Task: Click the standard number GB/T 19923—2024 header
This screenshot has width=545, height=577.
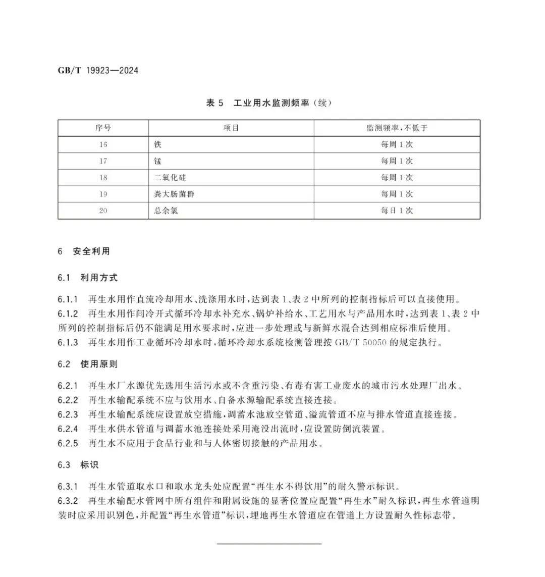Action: [x=98, y=70]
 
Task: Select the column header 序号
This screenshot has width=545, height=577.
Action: [x=103, y=128]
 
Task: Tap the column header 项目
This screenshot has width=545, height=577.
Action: [x=231, y=128]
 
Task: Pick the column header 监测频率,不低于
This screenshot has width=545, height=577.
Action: [x=397, y=128]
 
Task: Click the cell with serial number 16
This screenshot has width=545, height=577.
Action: [x=103, y=145]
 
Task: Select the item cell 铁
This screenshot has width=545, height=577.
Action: [x=158, y=145]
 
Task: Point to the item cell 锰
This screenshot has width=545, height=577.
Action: [x=158, y=162]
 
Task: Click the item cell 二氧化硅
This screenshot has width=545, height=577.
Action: [x=170, y=178]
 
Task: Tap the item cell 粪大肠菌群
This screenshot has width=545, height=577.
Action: [x=174, y=194]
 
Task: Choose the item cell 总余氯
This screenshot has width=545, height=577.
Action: [x=166, y=211]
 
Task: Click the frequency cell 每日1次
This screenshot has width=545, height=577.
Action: [x=397, y=211]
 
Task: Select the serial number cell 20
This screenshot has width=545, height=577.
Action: [x=103, y=211]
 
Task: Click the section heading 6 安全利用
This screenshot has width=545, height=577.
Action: [x=84, y=251]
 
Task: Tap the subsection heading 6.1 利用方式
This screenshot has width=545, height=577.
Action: [x=87, y=278]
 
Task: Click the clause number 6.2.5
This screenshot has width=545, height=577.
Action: [x=68, y=444]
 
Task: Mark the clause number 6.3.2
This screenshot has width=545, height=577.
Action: [x=68, y=501]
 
